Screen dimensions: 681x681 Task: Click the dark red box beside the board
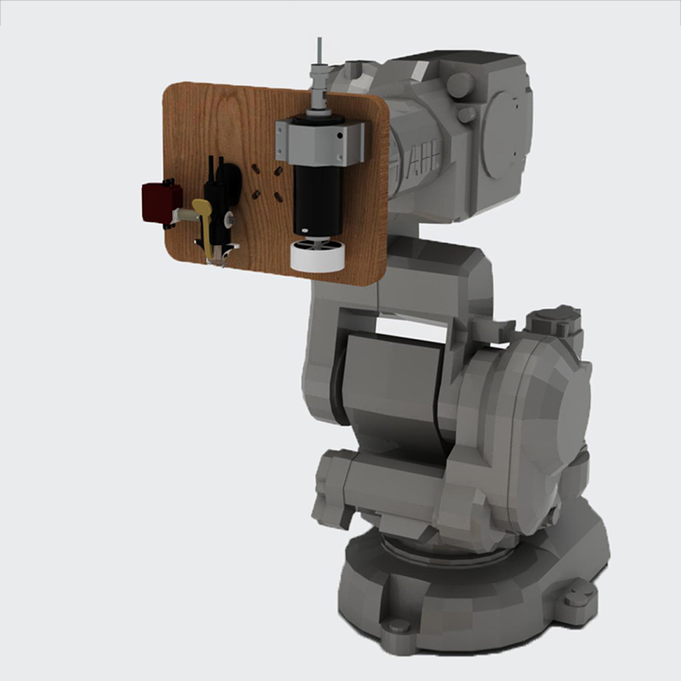[x=161, y=201]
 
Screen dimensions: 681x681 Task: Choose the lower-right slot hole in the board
[x=278, y=194]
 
